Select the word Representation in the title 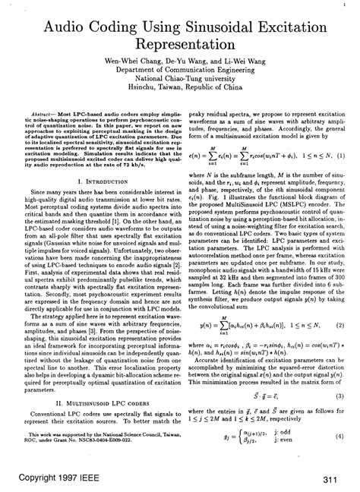[x=180, y=54]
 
